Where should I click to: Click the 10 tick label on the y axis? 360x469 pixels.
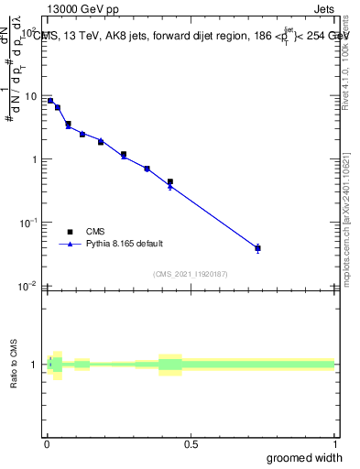click(x=30, y=96)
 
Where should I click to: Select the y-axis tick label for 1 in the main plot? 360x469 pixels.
click(x=34, y=159)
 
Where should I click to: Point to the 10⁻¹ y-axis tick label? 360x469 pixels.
click(x=29, y=222)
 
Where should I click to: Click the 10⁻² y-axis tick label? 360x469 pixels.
click(x=29, y=285)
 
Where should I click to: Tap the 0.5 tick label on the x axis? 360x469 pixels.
click(x=191, y=443)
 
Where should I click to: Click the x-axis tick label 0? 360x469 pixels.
click(x=47, y=443)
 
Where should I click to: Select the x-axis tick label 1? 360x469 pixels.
click(x=334, y=443)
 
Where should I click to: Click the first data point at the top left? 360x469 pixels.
click(x=50, y=101)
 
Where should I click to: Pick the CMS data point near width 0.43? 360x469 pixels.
click(x=170, y=181)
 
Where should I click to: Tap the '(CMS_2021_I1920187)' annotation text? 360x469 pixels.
click(x=191, y=273)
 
